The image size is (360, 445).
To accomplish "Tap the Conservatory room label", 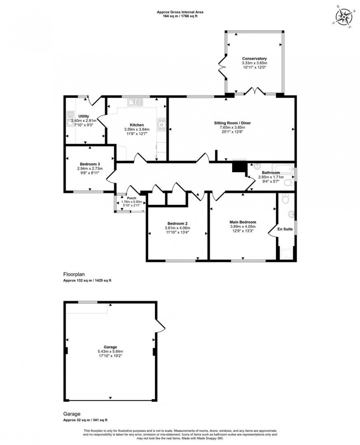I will [254, 58].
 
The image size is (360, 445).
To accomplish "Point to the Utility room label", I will [84, 116].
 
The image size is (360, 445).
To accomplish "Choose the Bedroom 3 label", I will [90, 164].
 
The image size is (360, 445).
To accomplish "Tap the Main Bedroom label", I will [242, 222].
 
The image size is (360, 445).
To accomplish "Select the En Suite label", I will [285, 229].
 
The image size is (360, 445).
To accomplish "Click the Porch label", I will [131, 198].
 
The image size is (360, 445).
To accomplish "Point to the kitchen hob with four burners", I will [161, 125].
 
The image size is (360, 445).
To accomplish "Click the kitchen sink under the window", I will [135, 102].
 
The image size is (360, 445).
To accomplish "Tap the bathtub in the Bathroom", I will [282, 170].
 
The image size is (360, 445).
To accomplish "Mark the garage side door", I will [161, 325].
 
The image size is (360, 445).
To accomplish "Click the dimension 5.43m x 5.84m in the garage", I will [110, 351].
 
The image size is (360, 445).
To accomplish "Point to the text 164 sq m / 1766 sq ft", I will [180, 16].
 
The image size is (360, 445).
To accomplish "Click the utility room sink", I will [69, 118].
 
